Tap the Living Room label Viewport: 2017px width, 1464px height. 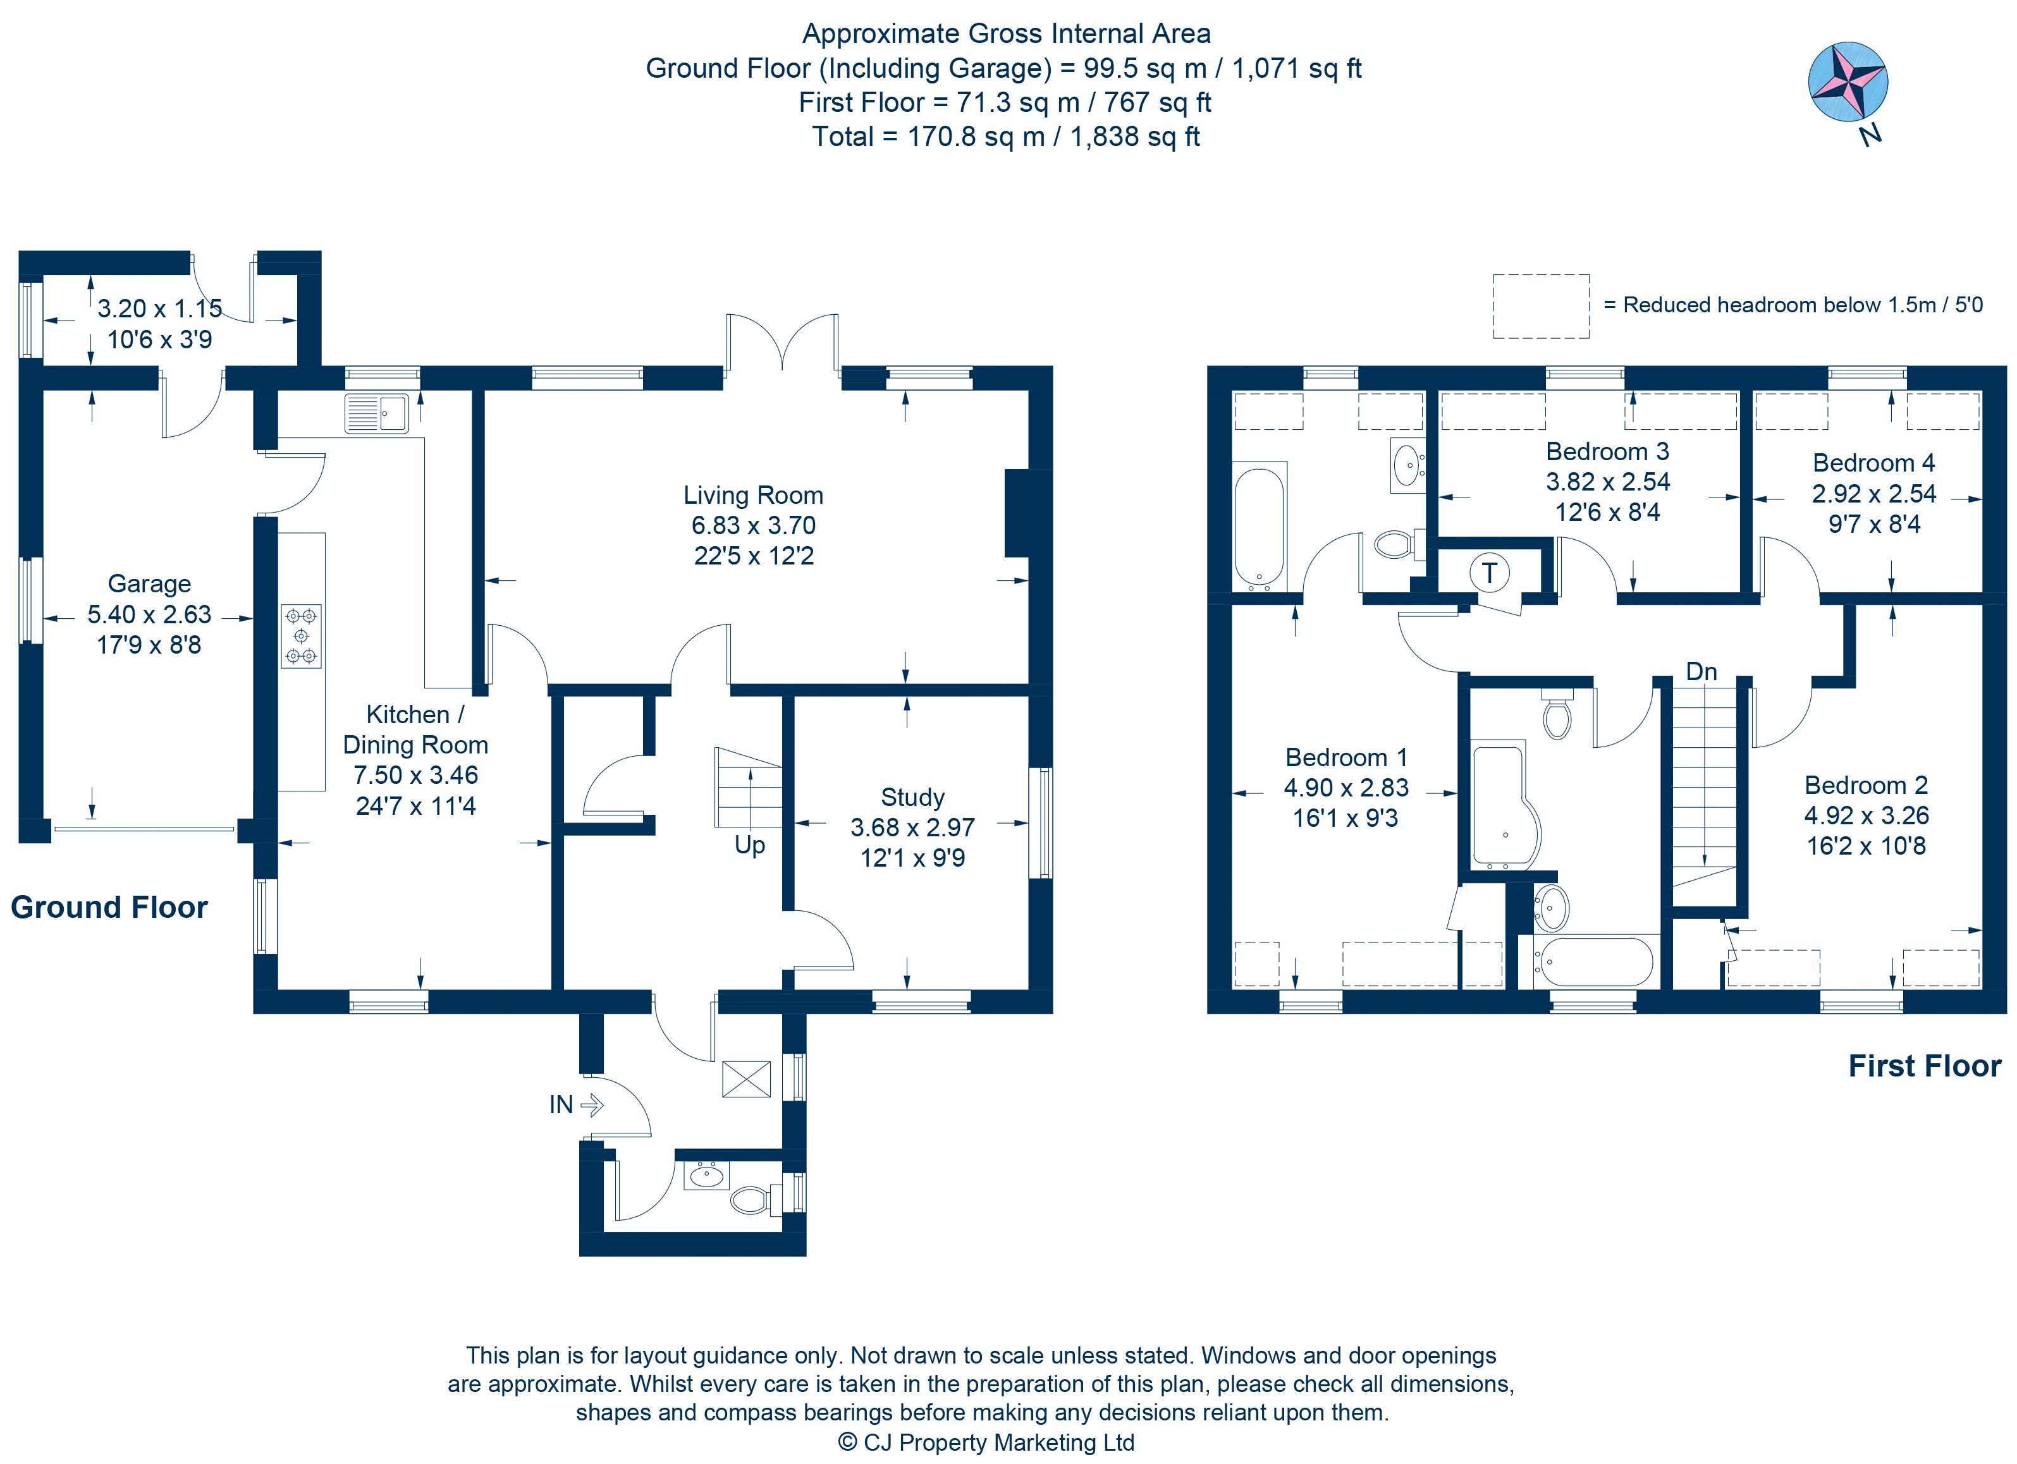[752, 495]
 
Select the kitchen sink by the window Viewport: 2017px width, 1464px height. [377, 413]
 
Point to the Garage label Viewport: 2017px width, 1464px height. [149, 584]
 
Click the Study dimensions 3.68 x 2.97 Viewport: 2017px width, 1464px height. [912, 827]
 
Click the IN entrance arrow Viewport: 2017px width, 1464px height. [591, 1105]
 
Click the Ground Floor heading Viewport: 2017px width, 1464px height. [109, 908]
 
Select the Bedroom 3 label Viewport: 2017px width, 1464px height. [1607, 451]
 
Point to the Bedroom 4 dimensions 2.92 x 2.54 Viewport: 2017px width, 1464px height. [1874, 493]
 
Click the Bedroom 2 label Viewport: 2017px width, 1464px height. [1866, 786]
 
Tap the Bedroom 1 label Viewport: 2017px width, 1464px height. [1346, 758]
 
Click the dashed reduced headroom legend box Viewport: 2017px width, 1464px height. [1540, 307]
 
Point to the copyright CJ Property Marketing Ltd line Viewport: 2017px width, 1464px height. [986, 1442]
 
